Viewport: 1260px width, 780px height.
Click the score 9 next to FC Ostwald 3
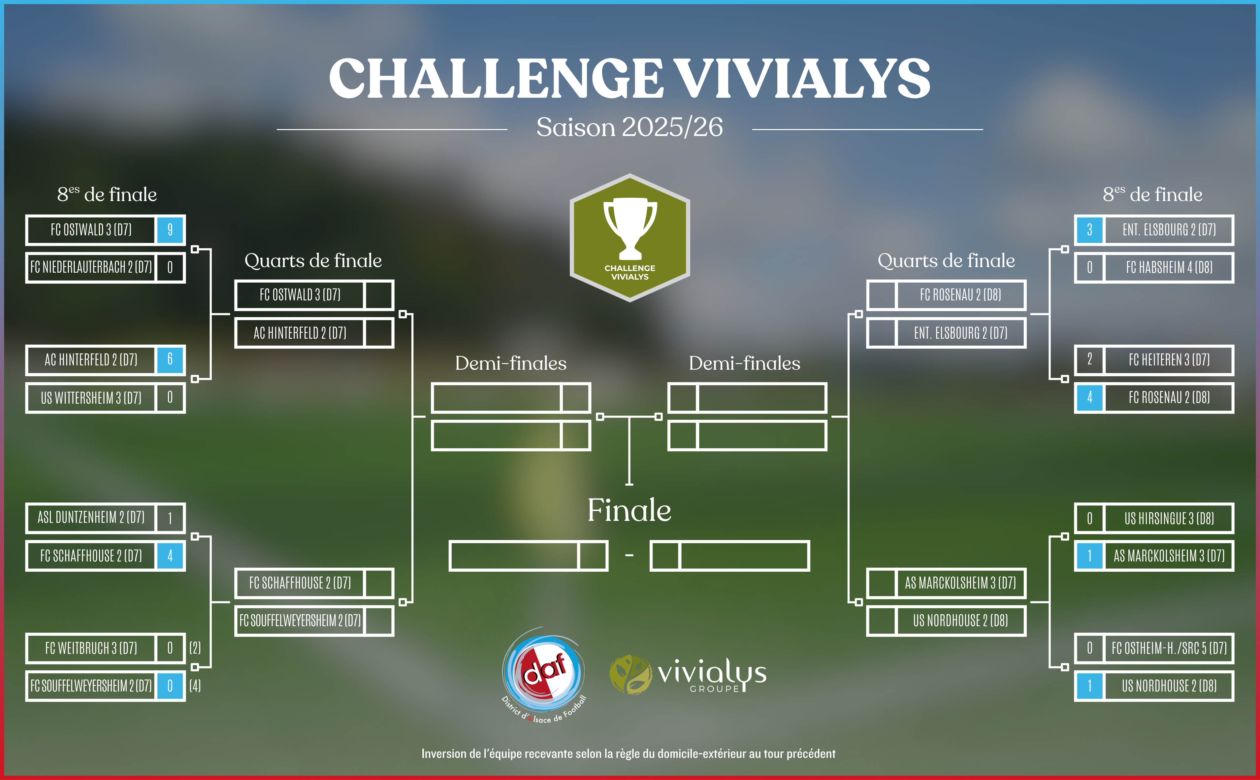tap(170, 229)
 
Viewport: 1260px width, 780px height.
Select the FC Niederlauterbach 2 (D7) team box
tap(91, 267)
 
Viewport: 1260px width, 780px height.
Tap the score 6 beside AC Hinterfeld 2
tap(170, 359)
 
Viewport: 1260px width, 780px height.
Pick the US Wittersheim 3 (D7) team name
tap(91, 398)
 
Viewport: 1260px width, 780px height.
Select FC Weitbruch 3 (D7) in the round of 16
tap(91, 648)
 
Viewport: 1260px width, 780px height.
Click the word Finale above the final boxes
tap(630, 510)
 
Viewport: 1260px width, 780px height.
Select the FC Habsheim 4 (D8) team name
tap(1169, 267)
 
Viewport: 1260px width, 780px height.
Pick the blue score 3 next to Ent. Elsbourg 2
tap(1089, 229)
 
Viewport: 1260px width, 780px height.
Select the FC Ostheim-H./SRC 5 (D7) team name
tap(1169, 648)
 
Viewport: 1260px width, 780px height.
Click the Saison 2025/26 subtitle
tap(630, 127)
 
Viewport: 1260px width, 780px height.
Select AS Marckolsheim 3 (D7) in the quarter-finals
tap(960, 583)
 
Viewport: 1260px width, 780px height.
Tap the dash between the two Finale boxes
tap(630, 556)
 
